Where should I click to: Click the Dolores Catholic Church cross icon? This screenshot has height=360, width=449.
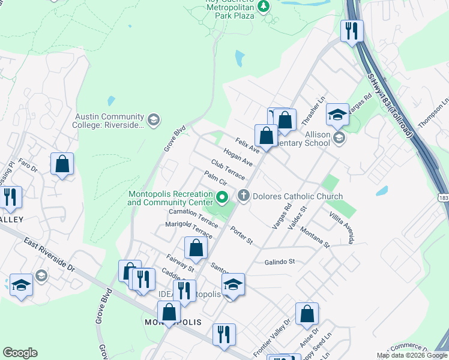tap(243, 195)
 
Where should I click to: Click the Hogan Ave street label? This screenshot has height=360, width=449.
tap(238, 157)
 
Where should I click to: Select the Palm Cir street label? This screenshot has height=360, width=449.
tap(214, 179)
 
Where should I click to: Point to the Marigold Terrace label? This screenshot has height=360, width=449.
tap(189, 229)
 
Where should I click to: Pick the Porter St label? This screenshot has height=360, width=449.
tap(241, 235)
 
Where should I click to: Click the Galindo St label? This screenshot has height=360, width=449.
tap(280, 262)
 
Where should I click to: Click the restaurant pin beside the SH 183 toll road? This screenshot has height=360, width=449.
tap(352, 30)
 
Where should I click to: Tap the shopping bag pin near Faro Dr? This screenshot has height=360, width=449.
tap(62, 164)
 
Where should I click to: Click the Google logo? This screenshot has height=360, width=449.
tap(20, 353)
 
